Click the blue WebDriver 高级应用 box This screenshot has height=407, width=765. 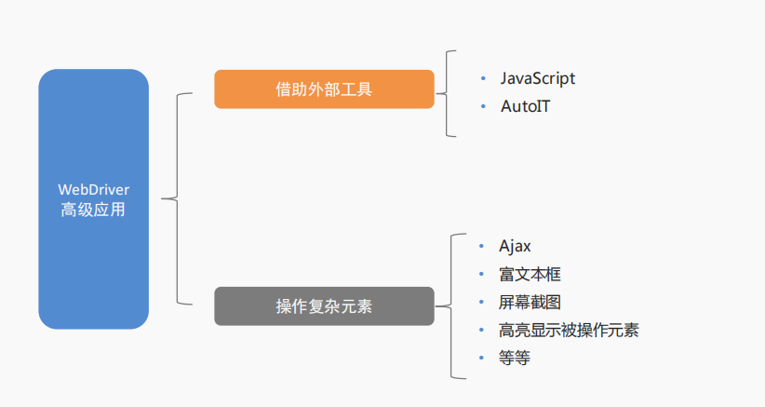(93, 198)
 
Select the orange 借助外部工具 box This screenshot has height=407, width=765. (324, 89)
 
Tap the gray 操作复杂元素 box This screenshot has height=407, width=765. (324, 306)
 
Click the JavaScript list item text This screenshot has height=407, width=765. (537, 78)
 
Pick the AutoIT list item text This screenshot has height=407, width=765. (525, 106)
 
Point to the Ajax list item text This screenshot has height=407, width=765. (515, 246)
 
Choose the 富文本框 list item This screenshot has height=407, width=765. (530, 274)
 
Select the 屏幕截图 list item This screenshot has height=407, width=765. (530, 302)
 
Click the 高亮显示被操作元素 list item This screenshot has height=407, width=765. (568, 330)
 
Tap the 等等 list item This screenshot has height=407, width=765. (515, 358)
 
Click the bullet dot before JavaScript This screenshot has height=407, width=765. (482, 78)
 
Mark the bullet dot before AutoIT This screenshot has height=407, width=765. (482, 106)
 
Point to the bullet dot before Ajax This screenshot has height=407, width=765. (481, 246)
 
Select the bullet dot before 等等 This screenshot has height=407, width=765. (481, 358)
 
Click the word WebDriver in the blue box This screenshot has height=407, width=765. (93, 189)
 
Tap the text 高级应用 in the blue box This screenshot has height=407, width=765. (93, 210)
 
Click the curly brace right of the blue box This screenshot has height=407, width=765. (175, 198)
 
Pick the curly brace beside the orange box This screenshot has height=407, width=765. (449, 93)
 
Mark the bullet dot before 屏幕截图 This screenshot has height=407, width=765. (481, 302)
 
